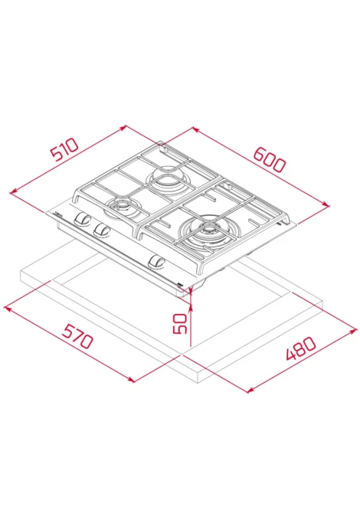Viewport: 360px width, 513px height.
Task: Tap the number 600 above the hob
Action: click(270, 160)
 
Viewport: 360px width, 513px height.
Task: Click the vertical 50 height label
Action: click(180, 323)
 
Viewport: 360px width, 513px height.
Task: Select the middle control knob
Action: click(101, 230)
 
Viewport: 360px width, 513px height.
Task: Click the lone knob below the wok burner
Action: click(157, 261)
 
